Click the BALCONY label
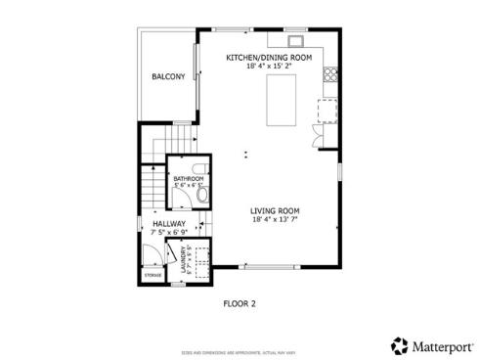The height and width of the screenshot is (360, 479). click(x=168, y=77)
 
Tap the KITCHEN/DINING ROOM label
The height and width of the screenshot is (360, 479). click(x=269, y=58)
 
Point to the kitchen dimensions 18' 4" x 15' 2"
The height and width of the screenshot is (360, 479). click(x=269, y=67)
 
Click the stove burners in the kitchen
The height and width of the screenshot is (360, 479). click(x=331, y=73)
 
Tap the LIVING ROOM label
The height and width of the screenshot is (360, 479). click(x=275, y=210)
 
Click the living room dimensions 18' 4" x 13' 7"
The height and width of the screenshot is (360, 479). click(x=275, y=219)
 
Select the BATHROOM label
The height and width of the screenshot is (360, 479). click(x=189, y=179)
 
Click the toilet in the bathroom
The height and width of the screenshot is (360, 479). click(x=202, y=195)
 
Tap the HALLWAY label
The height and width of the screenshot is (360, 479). click(x=169, y=224)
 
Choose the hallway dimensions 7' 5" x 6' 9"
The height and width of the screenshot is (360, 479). click(x=169, y=232)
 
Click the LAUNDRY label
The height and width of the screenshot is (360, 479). click(x=183, y=260)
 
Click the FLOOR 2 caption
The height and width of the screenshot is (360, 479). click(x=239, y=303)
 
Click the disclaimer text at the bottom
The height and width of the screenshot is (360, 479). click(x=239, y=350)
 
